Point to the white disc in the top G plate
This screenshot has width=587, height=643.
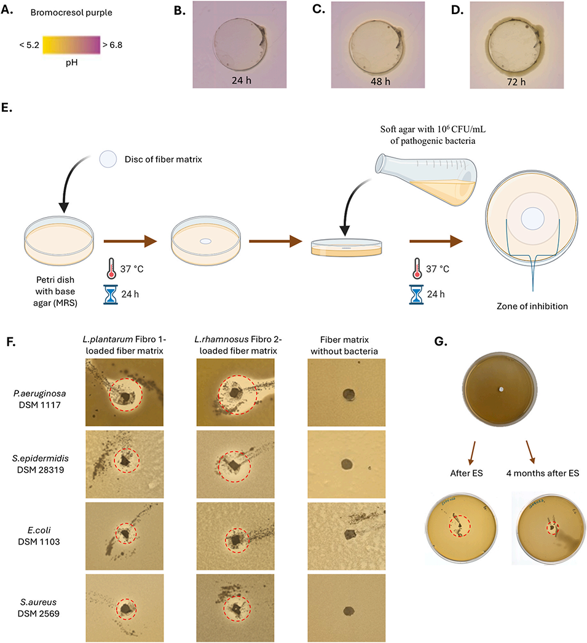[502, 389]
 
